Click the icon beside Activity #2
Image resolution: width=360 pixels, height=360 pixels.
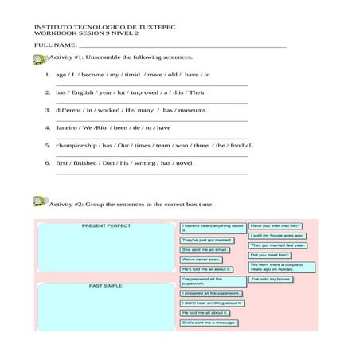(x=40, y=202)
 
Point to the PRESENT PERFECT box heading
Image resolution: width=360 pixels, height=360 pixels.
(x=106, y=226)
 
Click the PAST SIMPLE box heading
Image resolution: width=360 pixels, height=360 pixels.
(x=105, y=285)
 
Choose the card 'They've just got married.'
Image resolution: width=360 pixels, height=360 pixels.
(x=207, y=240)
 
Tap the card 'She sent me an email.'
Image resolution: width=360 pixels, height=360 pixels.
(x=205, y=249)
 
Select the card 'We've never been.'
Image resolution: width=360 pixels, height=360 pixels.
(x=202, y=260)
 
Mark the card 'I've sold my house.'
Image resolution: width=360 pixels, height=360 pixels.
(x=271, y=280)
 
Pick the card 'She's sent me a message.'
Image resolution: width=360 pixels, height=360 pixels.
(x=209, y=323)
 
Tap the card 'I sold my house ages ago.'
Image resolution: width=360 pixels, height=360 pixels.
(x=277, y=236)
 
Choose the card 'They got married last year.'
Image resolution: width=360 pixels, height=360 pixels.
(x=277, y=245)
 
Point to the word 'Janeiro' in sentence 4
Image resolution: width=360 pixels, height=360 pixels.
(x=67, y=127)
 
